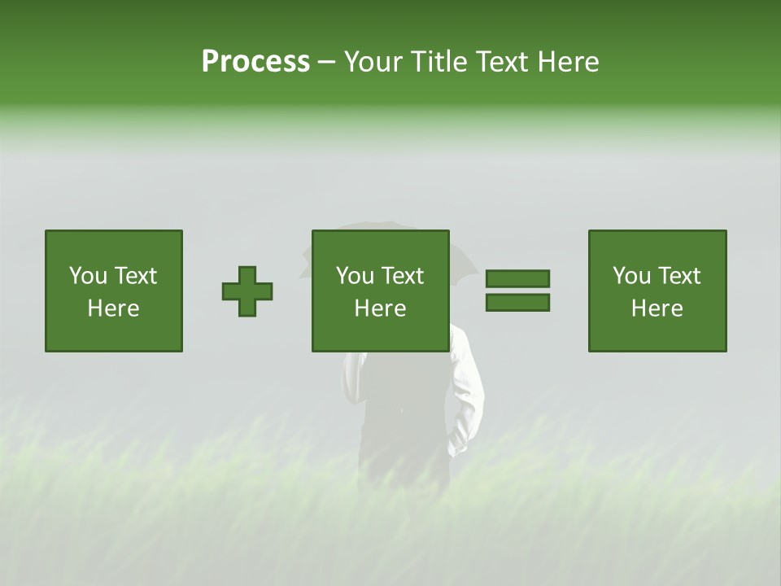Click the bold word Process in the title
pos(255,62)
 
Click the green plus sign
pos(247,291)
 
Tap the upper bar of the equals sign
pos(517,278)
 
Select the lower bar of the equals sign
pos(517,302)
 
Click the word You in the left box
pos(87,276)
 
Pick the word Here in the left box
pos(113,308)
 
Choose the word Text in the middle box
pos(402,276)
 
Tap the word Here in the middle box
pos(380,308)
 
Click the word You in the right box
pos(630,276)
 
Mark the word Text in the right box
pos(678,276)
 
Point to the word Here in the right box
pos(657,308)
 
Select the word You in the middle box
pos(354,276)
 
